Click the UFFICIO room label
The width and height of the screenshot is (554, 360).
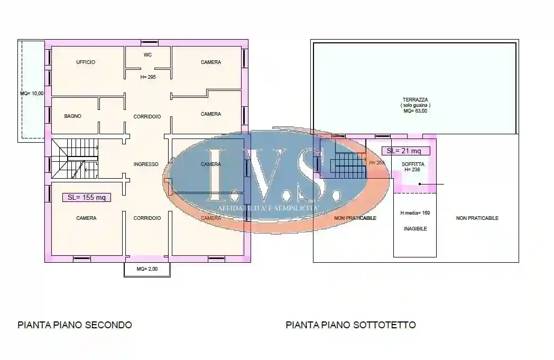click(86, 62)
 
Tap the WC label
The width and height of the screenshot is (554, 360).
click(147, 54)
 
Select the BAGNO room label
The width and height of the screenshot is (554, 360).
click(73, 116)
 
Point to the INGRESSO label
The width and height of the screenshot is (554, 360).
click(146, 164)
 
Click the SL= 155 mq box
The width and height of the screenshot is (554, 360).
click(87, 198)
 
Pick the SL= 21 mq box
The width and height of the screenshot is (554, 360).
click(405, 151)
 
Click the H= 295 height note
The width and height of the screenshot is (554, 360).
click(147, 77)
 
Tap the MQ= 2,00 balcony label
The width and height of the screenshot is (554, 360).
click(147, 269)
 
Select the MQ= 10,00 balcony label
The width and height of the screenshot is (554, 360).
click(32, 94)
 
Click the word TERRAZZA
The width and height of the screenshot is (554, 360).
click(415, 99)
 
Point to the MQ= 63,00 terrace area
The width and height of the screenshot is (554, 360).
click(415, 112)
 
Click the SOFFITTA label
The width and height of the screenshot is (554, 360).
click(412, 164)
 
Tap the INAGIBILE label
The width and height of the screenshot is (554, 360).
click(415, 229)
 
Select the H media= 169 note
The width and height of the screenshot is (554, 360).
click(415, 213)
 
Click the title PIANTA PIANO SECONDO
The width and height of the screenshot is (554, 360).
click(75, 325)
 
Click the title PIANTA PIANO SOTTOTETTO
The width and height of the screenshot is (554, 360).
click(350, 325)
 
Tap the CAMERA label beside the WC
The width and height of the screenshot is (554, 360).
click(211, 62)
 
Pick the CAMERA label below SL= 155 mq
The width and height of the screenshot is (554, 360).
click(86, 218)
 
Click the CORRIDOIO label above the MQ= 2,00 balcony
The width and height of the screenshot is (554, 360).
click(147, 218)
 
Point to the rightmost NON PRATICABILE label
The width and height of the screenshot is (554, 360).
click(477, 218)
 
